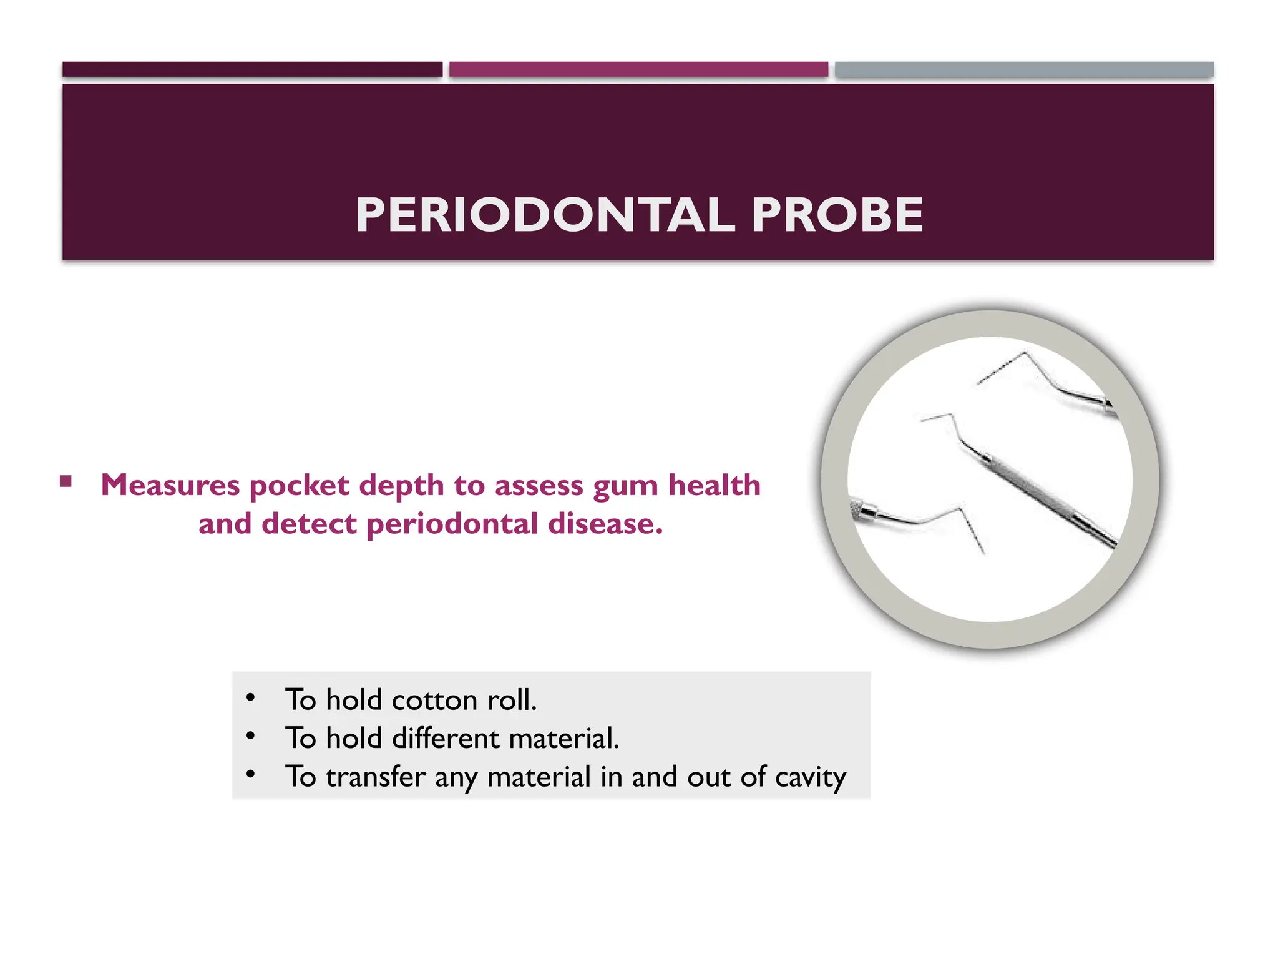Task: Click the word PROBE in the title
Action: click(x=837, y=215)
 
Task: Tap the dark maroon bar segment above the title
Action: click(x=252, y=69)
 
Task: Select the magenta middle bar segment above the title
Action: click(x=638, y=69)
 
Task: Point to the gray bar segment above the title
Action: click(x=1024, y=69)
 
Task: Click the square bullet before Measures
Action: click(x=66, y=481)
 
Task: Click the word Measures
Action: click(x=170, y=485)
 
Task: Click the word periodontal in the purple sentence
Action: click(x=452, y=524)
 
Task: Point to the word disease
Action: click(x=605, y=524)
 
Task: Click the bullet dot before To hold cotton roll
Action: click(x=250, y=697)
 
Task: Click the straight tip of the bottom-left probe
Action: click(x=973, y=530)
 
